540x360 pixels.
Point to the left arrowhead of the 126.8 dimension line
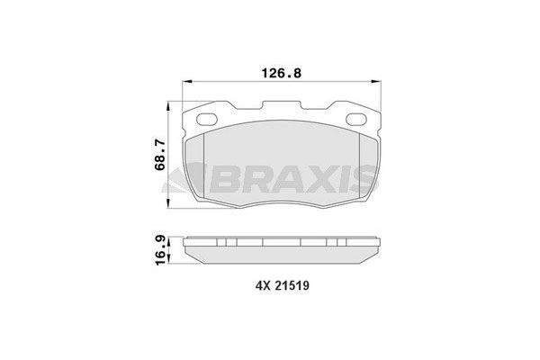(186, 83)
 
